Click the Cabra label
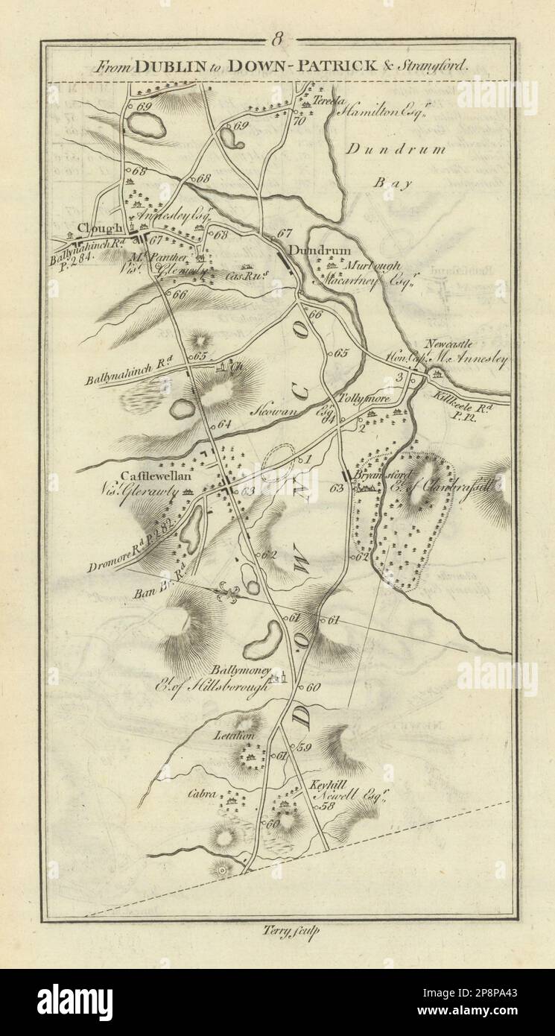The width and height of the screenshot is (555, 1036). [204, 795]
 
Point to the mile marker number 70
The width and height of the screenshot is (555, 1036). [299, 121]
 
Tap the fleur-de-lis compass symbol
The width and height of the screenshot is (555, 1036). [229, 593]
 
